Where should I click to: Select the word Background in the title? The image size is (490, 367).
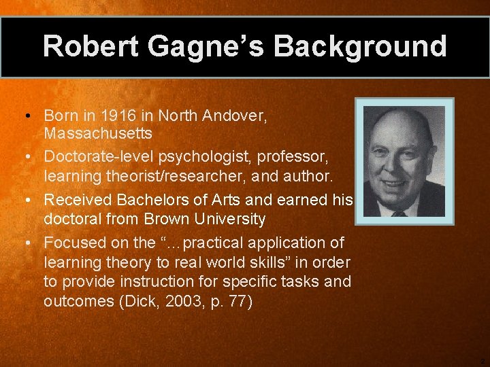[x=360, y=46]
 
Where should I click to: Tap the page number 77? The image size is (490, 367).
[x=236, y=301]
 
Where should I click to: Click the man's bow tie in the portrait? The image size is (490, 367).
[x=399, y=213]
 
